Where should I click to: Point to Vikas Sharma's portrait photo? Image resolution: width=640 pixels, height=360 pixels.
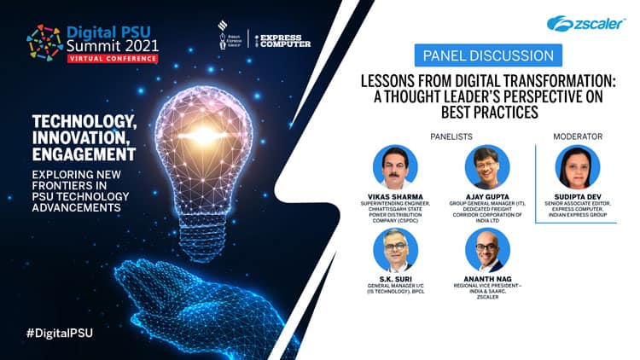(x=395, y=167)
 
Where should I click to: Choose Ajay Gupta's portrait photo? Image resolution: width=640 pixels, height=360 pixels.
(x=486, y=167)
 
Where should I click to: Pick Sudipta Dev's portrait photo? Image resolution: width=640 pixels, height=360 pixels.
(x=578, y=167)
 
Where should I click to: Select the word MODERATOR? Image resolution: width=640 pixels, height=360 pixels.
(x=578, y=136)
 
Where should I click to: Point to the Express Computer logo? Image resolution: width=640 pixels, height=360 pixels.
(x=284, y=41)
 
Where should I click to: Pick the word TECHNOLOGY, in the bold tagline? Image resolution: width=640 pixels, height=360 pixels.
(x=83, y=123)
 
